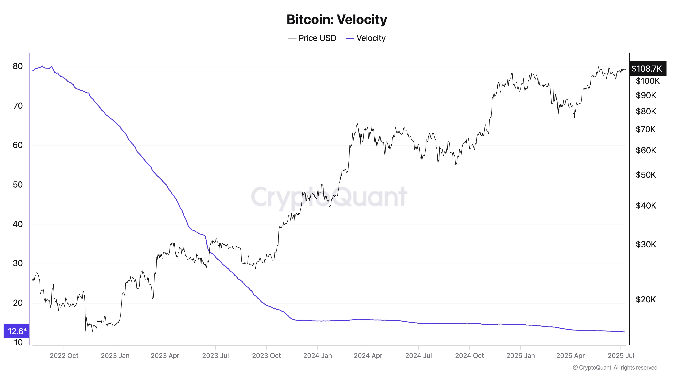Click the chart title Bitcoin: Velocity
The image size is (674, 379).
pyautogui.click(x=337, y=20)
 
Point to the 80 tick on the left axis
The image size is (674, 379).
pyautogui.click(x=18, y=66)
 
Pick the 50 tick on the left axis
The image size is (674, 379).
pyautogui.click(x=18, y=185)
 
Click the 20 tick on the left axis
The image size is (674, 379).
pyautogui.click(x=18, y=303)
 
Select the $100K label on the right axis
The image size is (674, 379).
pyautogui.click(x=646, y=81)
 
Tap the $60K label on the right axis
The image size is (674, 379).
pyautogui.click(x=646, y=150)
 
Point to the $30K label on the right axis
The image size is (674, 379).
pyautogui.click(x=646, y=244)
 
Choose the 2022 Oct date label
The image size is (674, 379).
pyautogui.click(x=64, y=356)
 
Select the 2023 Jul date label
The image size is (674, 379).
pyautogui.click(x=215, y=356)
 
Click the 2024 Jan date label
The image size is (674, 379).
pyautogui.click(x=317, y=356)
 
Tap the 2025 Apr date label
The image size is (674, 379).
pyautogui.click(x=570, y=356)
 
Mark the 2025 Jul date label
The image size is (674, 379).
pyautogui.click(x=621, y=356)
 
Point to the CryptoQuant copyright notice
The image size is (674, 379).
pyautogui.click(x=615, y=368)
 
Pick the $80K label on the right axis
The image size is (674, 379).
pyautogui.click(x=646, y=111)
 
